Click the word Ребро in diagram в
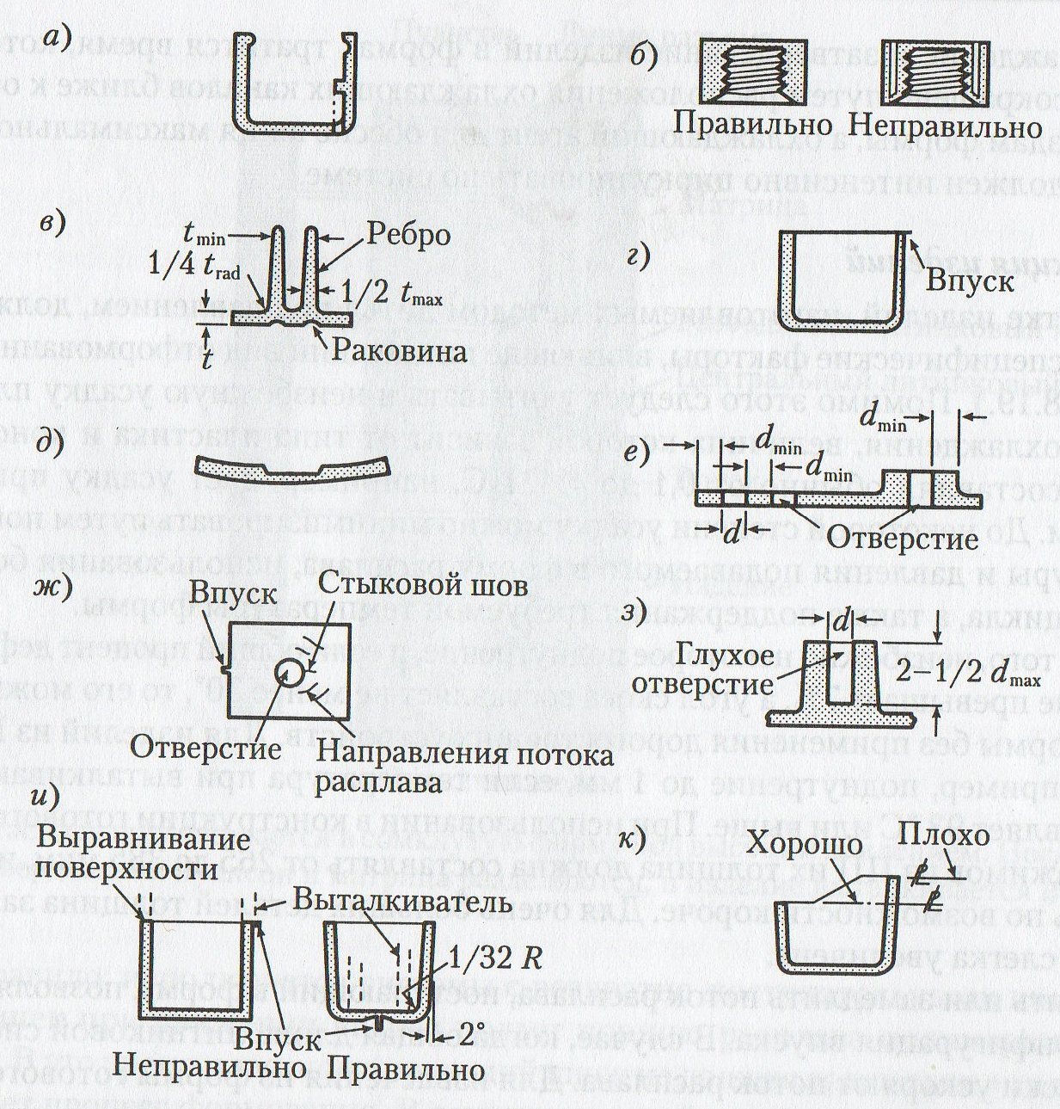pyautogui.click(x=407, y=235)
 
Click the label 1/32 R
pyautogui.click(x=497, y=958)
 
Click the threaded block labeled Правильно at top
pyautogui.click(x=754, y=76)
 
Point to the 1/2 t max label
pyautogui.click(x=389, y=299)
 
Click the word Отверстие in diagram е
pyautogui.click(x=903, y=538)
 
